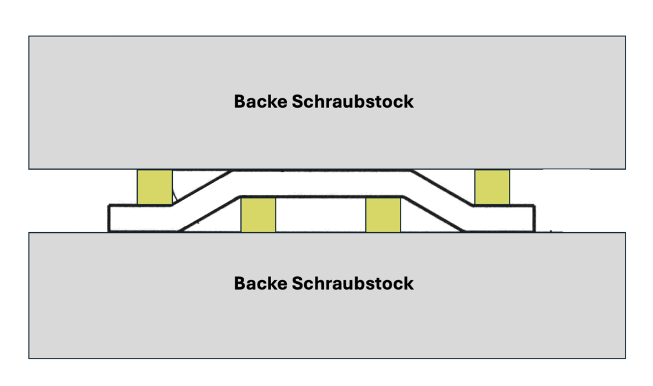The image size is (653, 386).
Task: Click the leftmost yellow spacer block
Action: [154, 187]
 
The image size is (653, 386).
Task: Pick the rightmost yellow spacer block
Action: [492, 187]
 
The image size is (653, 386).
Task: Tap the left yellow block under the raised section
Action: [258, 215]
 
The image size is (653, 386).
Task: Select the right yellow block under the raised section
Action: [383, 215]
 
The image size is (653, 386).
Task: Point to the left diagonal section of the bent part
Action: [204, 200]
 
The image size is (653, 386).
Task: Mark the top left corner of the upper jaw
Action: [29, 36]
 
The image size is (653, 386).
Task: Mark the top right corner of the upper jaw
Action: [625, 36]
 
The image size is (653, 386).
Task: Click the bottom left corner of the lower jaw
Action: [29, 358]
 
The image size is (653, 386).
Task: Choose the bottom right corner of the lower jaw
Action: [625, 358]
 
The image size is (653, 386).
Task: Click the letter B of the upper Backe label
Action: [240, 101]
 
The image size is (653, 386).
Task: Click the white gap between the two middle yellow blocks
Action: [321, 215]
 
